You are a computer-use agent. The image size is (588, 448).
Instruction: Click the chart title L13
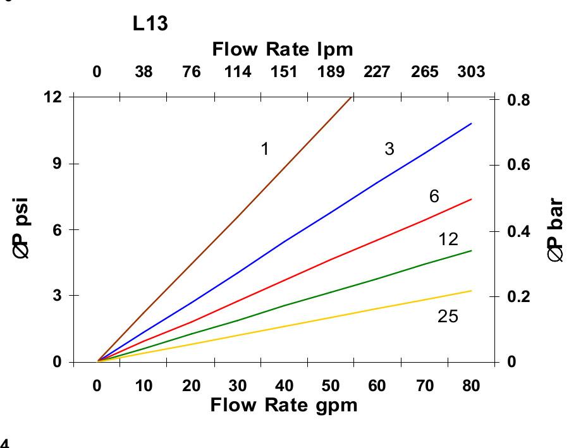[150, 25]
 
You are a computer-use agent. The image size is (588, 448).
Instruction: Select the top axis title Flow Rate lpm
[282, 49]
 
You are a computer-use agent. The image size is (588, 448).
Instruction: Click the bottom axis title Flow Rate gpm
[284, 404]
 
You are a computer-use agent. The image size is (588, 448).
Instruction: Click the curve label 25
[448, 316]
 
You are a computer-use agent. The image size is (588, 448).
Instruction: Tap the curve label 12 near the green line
[448, 239]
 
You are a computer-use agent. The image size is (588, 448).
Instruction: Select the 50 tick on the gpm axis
[331, 386]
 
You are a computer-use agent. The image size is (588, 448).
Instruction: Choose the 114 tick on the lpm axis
[238, 71]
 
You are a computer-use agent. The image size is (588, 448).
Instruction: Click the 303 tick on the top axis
[471, 71]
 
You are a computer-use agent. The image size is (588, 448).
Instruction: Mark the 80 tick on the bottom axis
[471, 386]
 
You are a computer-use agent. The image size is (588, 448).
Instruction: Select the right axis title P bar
[556, 231]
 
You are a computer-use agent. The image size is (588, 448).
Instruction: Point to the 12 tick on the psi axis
[53, 97]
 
